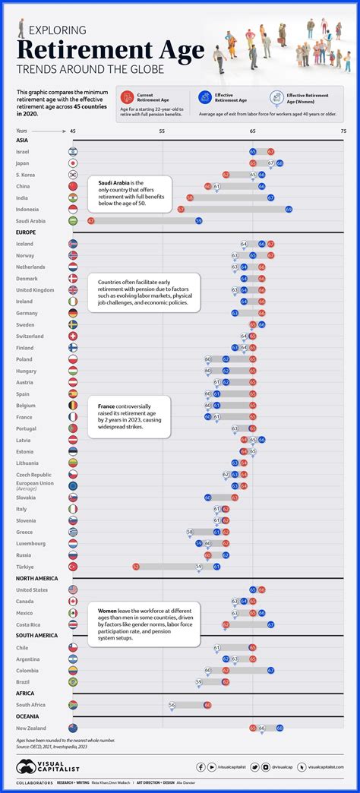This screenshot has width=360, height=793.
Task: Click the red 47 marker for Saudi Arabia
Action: click(91, 220)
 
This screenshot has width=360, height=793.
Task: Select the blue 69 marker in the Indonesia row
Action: click(289, 209)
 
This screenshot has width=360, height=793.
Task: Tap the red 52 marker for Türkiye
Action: click(136, 566)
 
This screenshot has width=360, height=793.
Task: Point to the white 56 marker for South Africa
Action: click(172, 704)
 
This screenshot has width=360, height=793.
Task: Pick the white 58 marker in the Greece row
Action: click(190, 532)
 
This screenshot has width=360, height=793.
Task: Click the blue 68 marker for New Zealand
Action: click(279, 728)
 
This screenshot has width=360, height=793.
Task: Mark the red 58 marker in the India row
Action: click(190, 197)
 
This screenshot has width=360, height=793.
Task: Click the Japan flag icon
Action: click(73, 163)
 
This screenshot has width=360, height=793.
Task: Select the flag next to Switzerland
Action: click(73, 336)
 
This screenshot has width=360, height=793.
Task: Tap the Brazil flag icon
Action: click(73, 681)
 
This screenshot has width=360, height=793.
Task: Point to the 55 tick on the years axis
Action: click(163, 131)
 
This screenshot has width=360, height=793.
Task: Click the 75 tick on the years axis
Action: click(343, 131)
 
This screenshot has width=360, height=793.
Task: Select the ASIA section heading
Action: click(22, 141)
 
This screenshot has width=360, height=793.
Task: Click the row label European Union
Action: click(33, 483)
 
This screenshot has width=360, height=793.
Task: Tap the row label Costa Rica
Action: click(30, 624)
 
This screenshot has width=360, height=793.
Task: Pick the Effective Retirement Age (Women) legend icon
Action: click(279, 96)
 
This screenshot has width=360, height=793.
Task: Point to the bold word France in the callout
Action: click(107, 406)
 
